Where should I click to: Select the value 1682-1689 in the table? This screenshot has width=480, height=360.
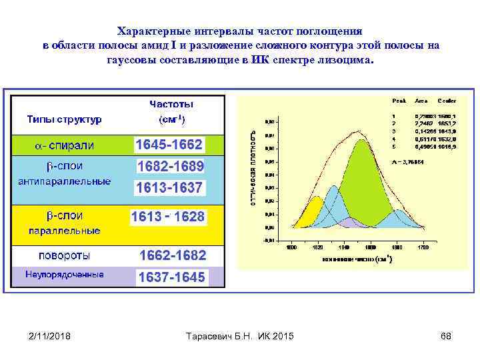click(x=170, y=166)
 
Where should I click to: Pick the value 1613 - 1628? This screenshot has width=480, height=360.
click(x=168, y=217)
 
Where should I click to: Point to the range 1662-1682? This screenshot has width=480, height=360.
click(x=172, y=255)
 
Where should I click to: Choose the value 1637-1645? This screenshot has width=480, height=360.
click(x=171, y=277)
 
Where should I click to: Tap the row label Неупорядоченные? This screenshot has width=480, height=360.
click(x=65, y=274)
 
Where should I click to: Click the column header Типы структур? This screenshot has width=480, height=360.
click(x=64, y=119)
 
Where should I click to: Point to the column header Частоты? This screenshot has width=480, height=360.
click(x=171, y=105)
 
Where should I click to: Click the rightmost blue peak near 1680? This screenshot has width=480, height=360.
click(x=398, y=220)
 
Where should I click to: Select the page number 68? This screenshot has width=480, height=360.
click(x=446, y=336)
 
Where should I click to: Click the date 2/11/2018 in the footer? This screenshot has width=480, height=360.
click(x=50, y=336)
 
